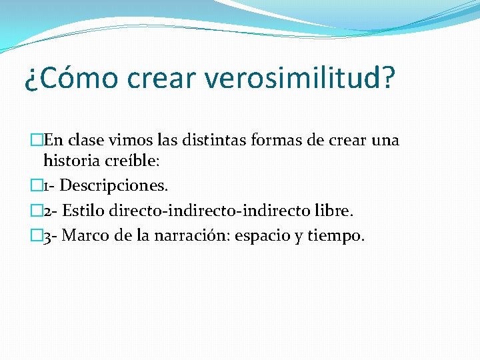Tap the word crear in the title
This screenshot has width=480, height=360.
click(160, 79)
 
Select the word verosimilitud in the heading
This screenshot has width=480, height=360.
click(293, 79)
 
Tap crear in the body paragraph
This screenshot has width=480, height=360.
click(347, 141)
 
